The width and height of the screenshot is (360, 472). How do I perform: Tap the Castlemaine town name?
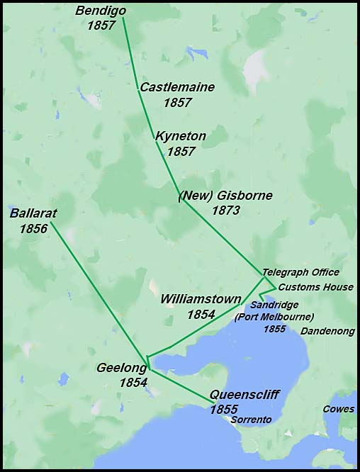point(177,87)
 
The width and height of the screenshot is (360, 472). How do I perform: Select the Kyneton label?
point(181,136)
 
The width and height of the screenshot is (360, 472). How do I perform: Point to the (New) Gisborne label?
point(225,196)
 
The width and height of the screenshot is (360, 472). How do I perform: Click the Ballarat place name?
point(33,213)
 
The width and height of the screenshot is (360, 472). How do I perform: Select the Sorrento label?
point(252,420)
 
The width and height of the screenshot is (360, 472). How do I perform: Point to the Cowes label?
point(338,409)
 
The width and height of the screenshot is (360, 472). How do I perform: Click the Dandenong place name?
point(327,331)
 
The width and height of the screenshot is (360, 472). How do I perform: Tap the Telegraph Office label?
point(300,272)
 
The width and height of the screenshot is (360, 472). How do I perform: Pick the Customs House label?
point(315,287)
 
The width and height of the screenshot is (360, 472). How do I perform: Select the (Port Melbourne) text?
point(274,316)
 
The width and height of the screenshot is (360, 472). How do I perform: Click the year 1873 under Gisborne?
point(225,210)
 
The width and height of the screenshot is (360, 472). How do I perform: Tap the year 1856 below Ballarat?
point(33,228)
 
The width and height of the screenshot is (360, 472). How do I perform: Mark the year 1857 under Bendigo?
point(101,26)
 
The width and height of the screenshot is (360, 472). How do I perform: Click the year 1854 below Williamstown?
point(201,314)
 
